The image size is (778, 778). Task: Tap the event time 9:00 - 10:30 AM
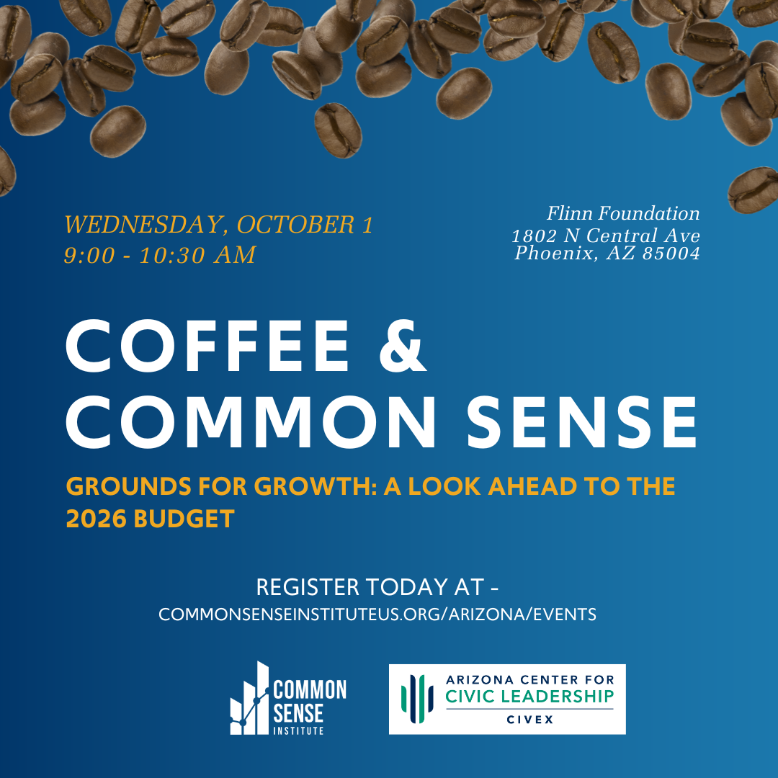point(160,255)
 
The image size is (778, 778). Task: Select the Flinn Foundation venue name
point(623,213)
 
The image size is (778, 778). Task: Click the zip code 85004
point(671,253)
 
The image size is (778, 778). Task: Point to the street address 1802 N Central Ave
point(606,235)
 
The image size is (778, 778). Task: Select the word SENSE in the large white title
point(583,422)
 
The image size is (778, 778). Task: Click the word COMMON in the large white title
point(251,422)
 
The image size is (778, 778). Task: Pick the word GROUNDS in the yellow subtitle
point(129,486)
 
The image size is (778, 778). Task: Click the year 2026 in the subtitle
point(97,519)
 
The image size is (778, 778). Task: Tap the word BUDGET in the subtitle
point(184,519)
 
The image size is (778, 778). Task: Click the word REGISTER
point(308,587)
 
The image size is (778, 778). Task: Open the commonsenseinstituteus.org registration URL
point(377,614)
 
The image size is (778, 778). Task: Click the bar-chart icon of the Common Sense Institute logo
point(249,698)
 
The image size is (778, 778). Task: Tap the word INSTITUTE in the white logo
point(298,730)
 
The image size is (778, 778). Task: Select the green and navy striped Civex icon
point(417,699)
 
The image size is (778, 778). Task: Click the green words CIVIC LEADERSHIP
point(529,696)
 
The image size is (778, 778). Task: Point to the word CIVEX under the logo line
point(530,720)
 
